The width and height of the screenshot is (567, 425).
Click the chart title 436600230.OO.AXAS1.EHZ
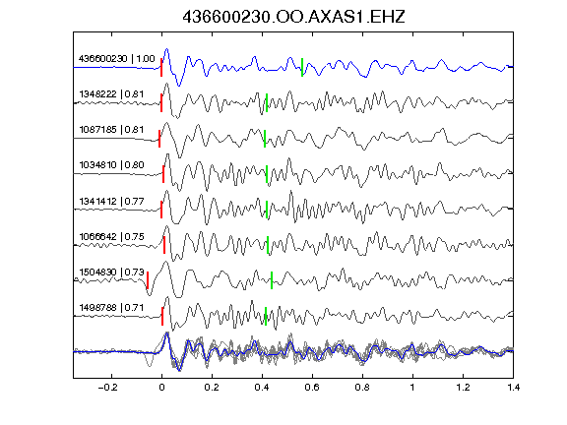293,17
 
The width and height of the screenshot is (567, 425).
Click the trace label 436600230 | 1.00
116,59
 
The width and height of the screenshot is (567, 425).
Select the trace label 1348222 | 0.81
111,94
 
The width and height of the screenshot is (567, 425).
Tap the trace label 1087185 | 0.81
111,130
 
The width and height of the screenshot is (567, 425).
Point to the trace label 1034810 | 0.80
111,165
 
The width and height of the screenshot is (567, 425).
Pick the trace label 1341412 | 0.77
111,201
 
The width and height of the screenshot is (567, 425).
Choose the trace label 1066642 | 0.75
111,237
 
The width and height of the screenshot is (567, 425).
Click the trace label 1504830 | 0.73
111,273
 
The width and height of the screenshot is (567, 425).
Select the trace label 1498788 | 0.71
111,308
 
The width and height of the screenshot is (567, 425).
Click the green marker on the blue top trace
302,67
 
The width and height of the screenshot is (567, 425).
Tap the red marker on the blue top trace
161,67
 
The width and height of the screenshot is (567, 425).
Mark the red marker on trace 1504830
148,280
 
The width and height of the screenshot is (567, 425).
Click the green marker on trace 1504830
272,280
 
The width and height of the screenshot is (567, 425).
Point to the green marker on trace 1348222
267,102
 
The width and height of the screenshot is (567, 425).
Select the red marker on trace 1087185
159,139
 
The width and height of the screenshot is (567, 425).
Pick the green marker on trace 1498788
266,316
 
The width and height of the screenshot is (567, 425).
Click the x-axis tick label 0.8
362,388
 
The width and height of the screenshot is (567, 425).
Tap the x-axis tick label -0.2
108,388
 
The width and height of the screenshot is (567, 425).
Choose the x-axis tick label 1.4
514,388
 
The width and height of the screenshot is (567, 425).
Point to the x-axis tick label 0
161,388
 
